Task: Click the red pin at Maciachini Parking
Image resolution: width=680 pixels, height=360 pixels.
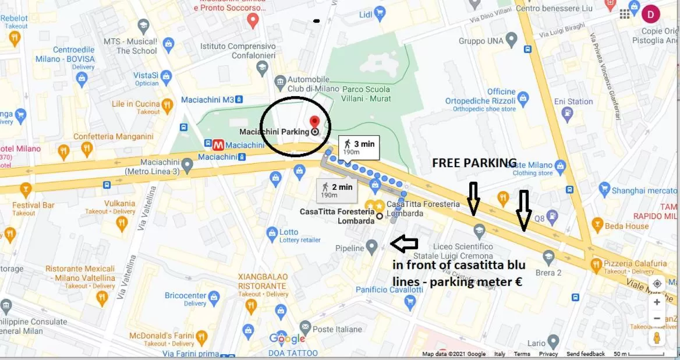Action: pos(315,122)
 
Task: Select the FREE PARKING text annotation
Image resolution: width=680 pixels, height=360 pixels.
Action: pos(474,163)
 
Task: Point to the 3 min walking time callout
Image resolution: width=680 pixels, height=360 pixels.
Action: pos(359,147)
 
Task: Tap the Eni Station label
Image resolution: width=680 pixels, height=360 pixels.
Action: pos(573,101)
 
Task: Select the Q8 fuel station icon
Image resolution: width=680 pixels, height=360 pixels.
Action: pos(552,216)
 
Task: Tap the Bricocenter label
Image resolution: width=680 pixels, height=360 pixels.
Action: pos(186,295)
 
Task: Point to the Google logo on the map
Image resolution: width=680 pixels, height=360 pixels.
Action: pos(287,339)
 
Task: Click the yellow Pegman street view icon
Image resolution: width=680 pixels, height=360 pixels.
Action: pos(657,338)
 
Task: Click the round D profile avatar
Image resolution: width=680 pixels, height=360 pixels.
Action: pos(650,14)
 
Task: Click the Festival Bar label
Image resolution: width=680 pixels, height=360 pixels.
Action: pos(34,205)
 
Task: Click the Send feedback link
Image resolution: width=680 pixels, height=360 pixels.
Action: pos(585,354)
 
